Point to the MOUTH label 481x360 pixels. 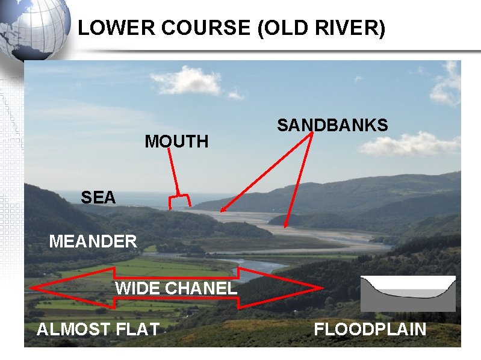pos(176,141)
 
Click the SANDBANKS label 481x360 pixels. pos(332,125)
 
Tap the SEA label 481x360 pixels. pos(98,197)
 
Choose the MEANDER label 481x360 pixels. pos(93,242)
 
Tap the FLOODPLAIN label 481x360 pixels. pos(370,329)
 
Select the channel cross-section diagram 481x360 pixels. pos(408,293)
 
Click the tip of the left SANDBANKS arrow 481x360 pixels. pos(222,213)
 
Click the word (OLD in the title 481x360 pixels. pos(283,28)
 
